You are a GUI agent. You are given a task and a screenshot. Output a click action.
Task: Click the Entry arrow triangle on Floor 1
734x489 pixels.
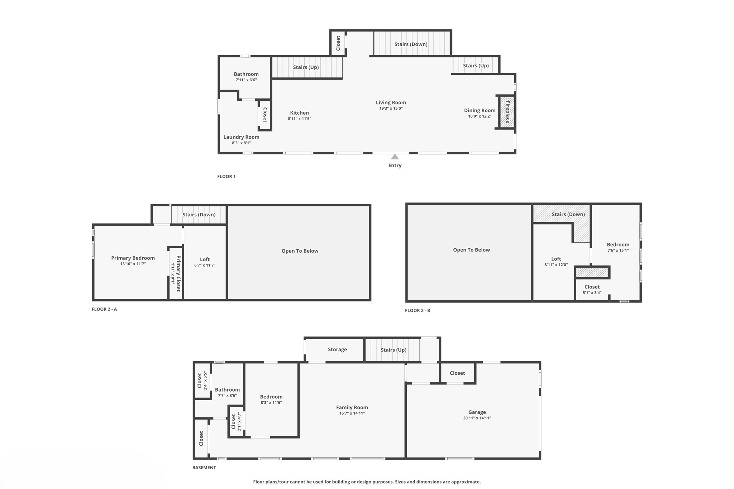(x=395, y=157)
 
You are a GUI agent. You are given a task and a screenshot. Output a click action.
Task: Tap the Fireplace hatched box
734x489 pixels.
(x=507, y=112)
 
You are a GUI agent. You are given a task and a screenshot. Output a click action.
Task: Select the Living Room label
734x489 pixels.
(x=391, y=102)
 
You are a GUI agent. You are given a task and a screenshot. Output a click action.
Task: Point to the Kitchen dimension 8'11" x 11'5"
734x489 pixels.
(x=299, y=119)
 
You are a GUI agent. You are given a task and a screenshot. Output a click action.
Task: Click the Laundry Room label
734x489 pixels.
(x=241, y=137)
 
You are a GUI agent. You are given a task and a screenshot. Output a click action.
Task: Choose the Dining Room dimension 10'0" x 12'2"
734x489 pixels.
(x=480, y=116)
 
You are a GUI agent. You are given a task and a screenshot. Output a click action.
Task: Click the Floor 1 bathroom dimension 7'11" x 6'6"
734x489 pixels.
(x=246, y=80)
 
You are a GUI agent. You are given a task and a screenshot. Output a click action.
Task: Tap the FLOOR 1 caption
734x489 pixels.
(x=226, y=176)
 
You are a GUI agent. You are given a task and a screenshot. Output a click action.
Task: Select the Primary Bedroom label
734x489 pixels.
(x=133, y=258)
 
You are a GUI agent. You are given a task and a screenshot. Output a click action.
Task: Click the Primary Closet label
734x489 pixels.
(x=178, y=273)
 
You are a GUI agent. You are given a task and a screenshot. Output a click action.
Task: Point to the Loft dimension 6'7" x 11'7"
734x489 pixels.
(x=205, y=265)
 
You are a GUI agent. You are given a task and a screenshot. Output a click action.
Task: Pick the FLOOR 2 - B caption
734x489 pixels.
(x=418, y=310)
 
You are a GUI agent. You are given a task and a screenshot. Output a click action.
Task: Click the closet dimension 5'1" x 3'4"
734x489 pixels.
(x=592, y=293)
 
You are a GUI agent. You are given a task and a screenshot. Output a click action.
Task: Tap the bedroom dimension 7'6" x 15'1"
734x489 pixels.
(x=618, y=250)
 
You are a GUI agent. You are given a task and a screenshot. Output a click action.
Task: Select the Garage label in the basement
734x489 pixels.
(x=477, y=412)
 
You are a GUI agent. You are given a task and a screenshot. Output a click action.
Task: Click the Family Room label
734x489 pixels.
(x=352, y=407)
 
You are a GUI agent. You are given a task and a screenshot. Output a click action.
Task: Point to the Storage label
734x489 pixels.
(x=337, y=349)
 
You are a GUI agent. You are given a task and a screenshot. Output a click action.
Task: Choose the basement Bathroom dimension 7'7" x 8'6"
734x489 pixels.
(x=227, y=395)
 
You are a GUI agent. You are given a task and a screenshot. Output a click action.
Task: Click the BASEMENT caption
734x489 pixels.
(x=204, y=468)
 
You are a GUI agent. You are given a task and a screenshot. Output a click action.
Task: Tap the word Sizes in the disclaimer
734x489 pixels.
(x=401, y=482)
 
